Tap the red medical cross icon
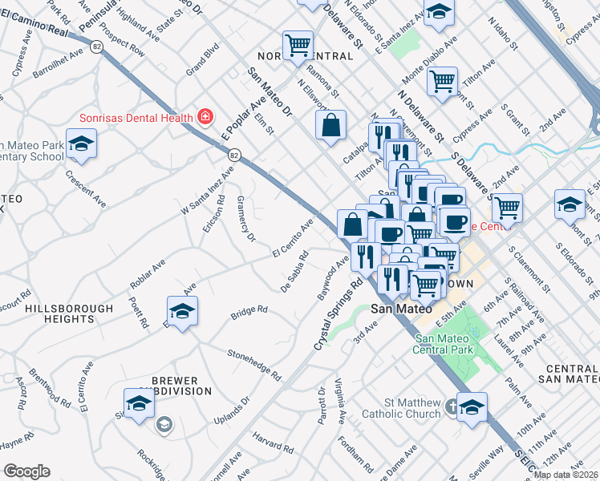205,117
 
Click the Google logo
26,471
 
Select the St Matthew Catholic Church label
401,408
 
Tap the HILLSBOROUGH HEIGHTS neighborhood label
69,313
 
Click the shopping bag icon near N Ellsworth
330,125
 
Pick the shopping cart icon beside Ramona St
298,45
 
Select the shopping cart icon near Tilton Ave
442,81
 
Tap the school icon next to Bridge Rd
182,311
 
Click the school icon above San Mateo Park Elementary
79,145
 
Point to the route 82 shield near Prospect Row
96,47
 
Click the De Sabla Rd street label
294,273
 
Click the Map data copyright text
566,474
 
